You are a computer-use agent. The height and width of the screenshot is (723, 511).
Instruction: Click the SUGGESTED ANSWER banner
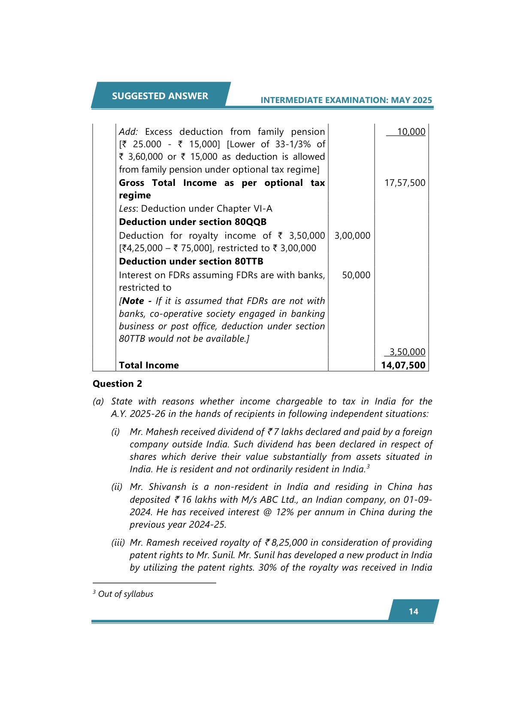click(160, 96)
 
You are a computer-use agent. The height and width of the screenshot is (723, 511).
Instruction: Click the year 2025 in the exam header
click(422, 100)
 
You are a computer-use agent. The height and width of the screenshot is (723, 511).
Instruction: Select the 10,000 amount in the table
click(411, 132)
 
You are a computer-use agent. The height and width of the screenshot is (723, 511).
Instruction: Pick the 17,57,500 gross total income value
click(405, 183)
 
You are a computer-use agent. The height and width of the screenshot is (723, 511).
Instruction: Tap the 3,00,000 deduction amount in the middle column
click(352, 236)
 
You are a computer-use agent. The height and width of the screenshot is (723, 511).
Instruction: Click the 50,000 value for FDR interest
click(356, 275)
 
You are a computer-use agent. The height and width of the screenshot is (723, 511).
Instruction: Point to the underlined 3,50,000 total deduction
click(407, 352)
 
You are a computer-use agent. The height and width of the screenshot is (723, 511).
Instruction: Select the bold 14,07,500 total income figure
click(403, 365)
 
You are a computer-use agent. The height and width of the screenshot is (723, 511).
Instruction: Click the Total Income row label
click(149, 365)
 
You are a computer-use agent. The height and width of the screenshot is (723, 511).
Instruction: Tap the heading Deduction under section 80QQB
click(193, 222)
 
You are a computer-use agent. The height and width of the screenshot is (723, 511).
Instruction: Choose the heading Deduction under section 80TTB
click(191, 261)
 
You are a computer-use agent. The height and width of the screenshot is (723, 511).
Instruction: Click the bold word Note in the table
click(133, 301)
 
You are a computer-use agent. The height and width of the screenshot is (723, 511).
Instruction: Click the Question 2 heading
click(117, 384)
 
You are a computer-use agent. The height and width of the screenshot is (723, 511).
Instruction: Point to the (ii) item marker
click(117, 487)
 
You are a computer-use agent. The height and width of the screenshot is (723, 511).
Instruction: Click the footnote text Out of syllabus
click(125, 594)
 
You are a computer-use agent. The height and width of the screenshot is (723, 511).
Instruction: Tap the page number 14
click(413, 611)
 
